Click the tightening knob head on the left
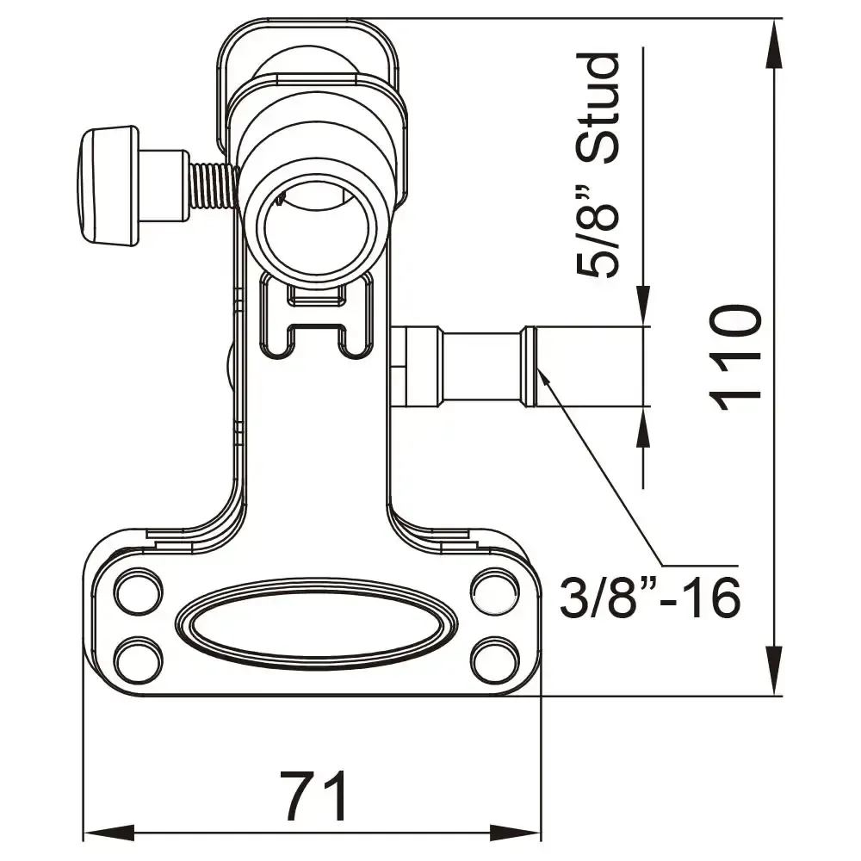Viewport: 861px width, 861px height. tap(107, 185)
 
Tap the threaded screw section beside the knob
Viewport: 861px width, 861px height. tap(212, 186)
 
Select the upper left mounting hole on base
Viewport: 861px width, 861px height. tap(137, 592)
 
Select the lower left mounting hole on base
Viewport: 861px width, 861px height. tap(137, 660)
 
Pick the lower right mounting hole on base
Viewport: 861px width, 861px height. tap(494, 660)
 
